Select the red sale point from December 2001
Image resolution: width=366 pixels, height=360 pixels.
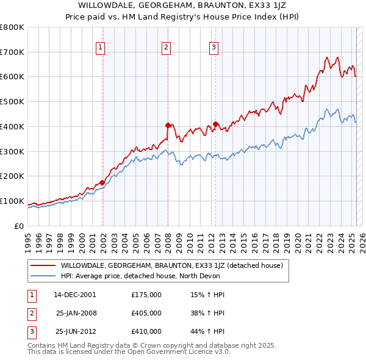click(102, 182)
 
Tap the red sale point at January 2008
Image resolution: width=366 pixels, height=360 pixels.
click(168, 125)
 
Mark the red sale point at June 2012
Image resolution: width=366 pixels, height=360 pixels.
click(216, 124)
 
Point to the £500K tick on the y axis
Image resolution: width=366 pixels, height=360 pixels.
click(13, 101)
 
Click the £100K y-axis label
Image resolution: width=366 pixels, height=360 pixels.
click(13, 201)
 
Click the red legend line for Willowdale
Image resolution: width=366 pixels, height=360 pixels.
click(43, 265)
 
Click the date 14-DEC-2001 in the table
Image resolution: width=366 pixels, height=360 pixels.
click(74, 295)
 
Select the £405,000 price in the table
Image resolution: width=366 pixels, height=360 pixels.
click(146, 313)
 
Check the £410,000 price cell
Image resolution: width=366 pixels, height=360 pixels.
click(146, 331)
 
